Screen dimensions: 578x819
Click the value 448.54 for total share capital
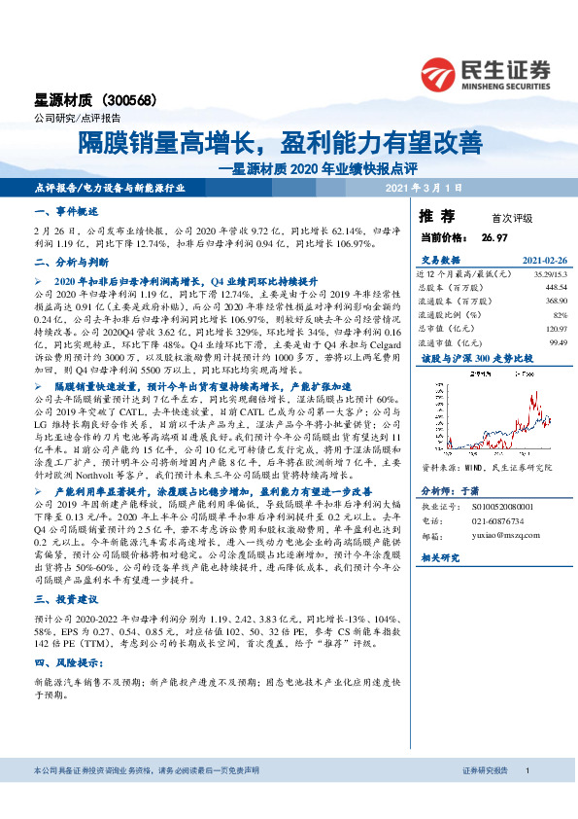[556, 287]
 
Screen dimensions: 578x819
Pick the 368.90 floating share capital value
[556, 302]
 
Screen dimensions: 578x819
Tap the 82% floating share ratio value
[560, 315]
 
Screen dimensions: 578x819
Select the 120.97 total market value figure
[556, 329]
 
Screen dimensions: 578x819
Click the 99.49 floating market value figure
[558, 342]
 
